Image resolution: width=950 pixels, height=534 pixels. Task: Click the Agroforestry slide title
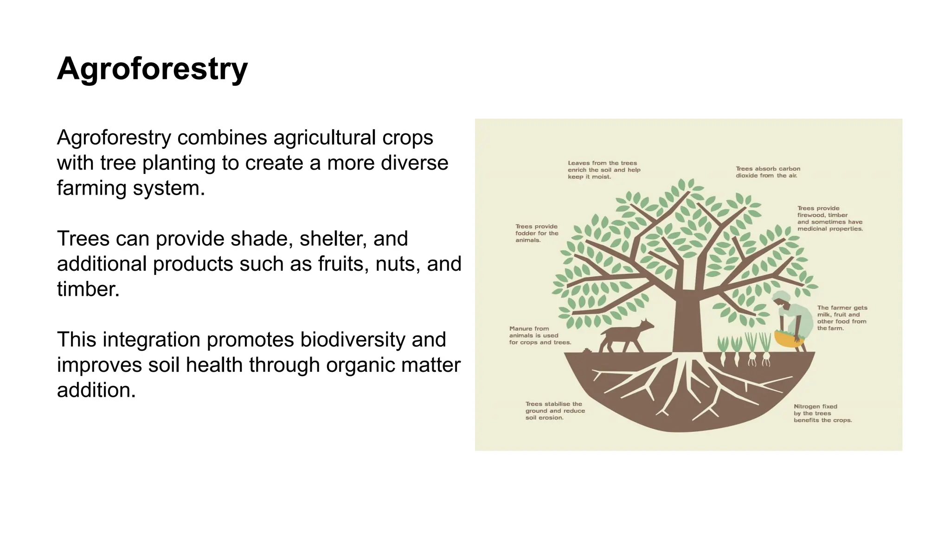pos(152,69)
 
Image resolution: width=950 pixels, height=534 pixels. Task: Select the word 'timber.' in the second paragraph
pos(88,289)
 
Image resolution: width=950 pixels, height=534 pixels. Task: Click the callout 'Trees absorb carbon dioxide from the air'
pos(768,172)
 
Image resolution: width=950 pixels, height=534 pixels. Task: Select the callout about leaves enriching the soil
pos(603,170)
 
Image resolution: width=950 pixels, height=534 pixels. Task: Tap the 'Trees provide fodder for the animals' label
pos(537,233)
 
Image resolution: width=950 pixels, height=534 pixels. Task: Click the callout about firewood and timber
pos(829,218)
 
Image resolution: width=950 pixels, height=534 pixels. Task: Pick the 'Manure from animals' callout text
pos(539,336)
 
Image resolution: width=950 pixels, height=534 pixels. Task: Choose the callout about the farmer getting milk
pos(841,318)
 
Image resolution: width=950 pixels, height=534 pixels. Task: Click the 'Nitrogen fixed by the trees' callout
pos(822,413)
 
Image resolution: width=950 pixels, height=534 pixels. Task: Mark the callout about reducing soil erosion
pos(555,411)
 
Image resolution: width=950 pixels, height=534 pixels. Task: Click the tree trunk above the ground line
pos(687,324)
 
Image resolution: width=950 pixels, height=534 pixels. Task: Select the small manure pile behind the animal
pos(588,351)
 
